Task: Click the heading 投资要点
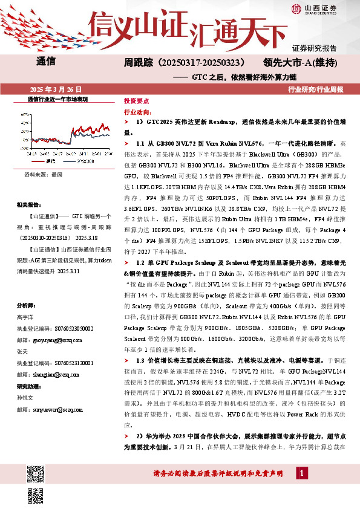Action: point(136,102)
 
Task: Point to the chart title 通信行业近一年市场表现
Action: point(58,99)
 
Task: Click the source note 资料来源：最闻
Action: point(44,173)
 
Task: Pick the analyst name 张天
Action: point(22,351)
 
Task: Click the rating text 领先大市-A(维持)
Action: point(300,62)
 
